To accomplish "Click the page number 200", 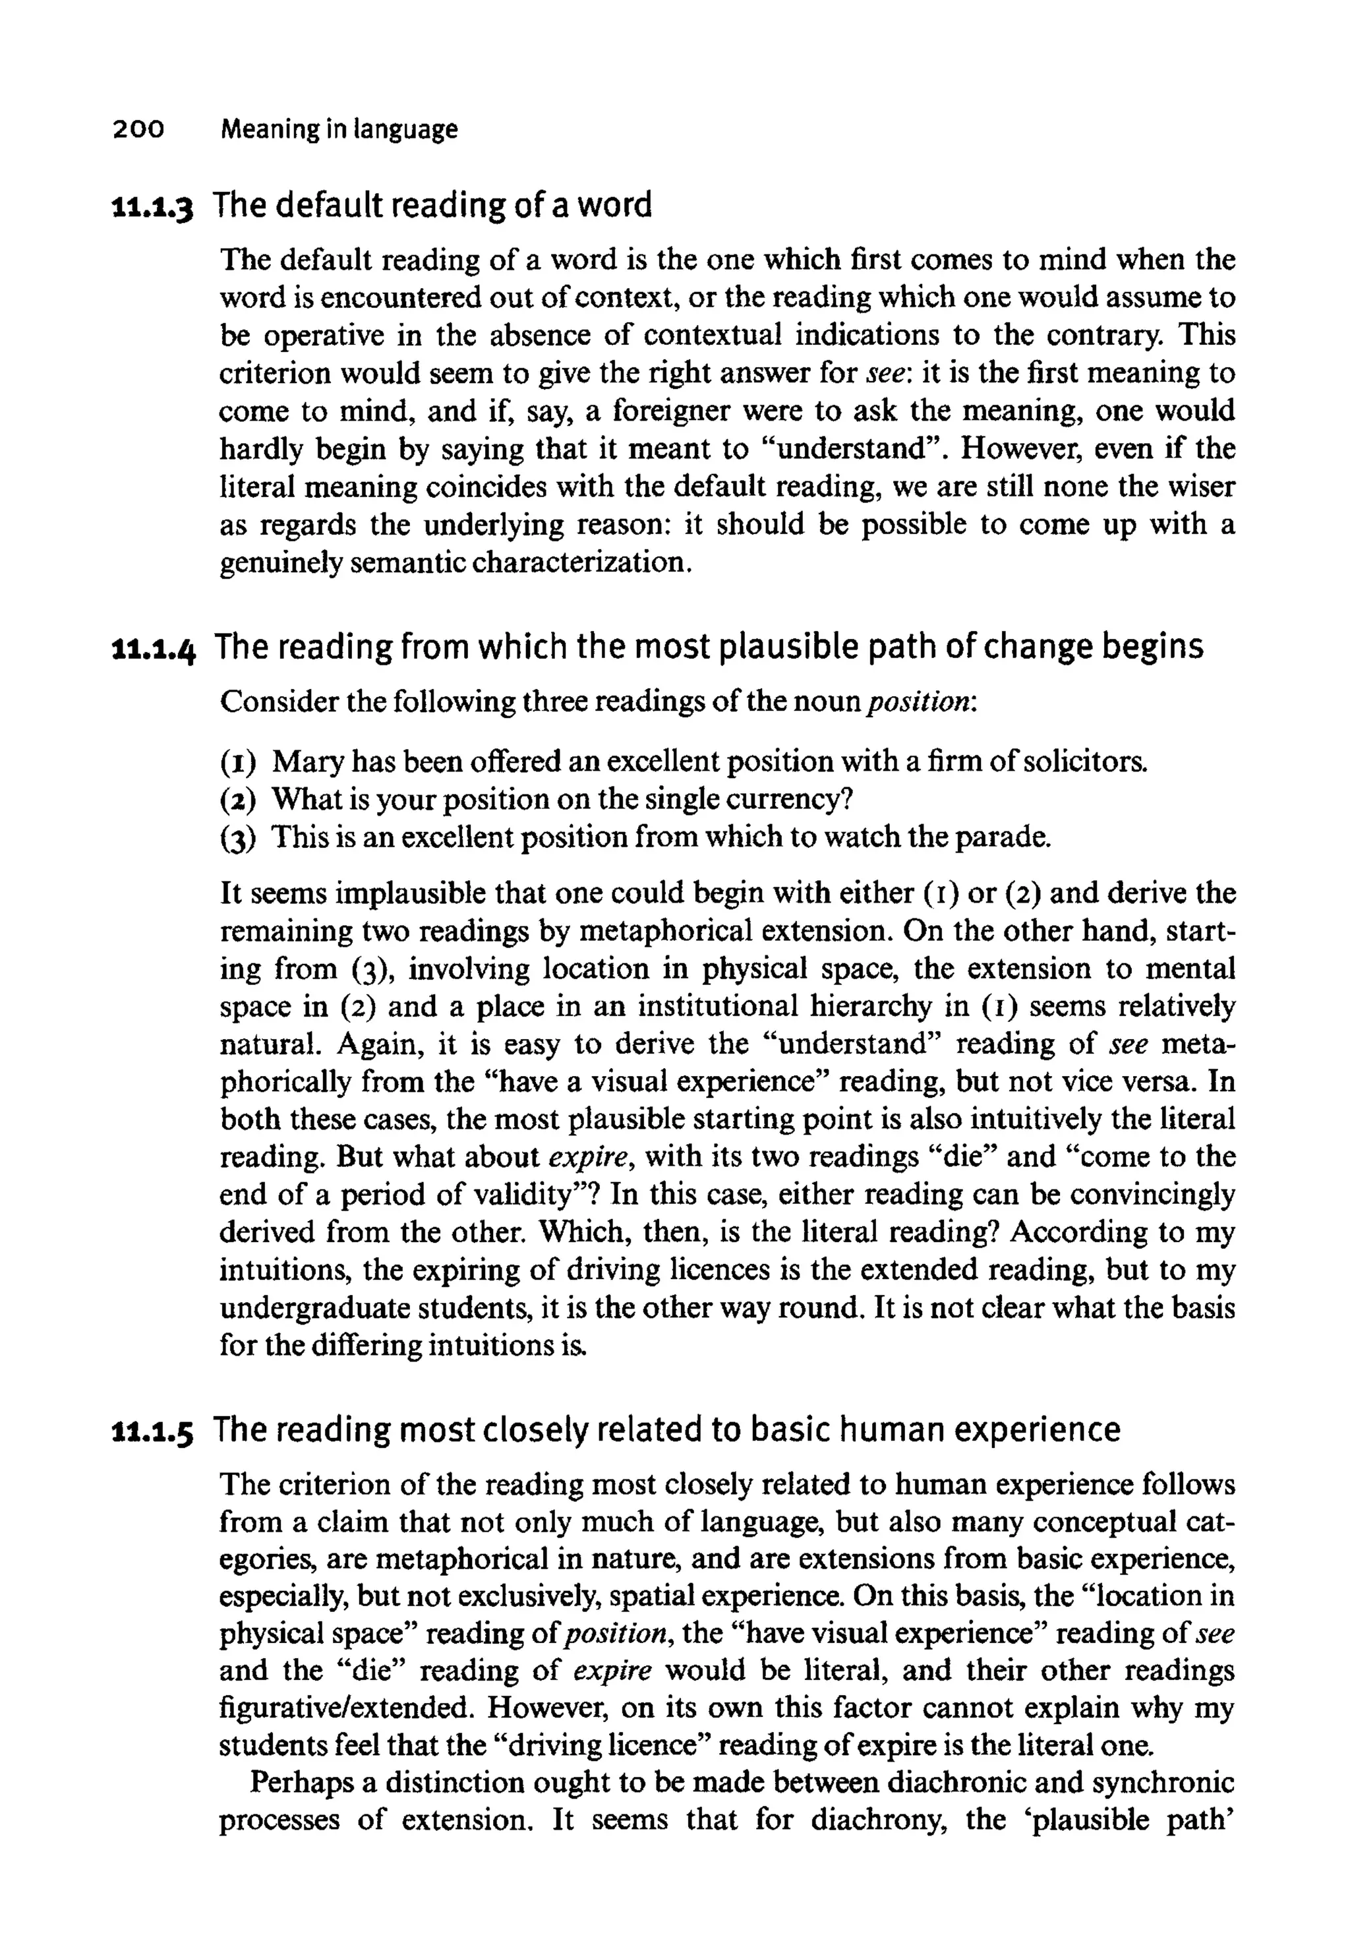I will pos(136,129).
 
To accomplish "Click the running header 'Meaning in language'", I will pos(338,129).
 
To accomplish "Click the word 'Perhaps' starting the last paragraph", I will pos(301,1783).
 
